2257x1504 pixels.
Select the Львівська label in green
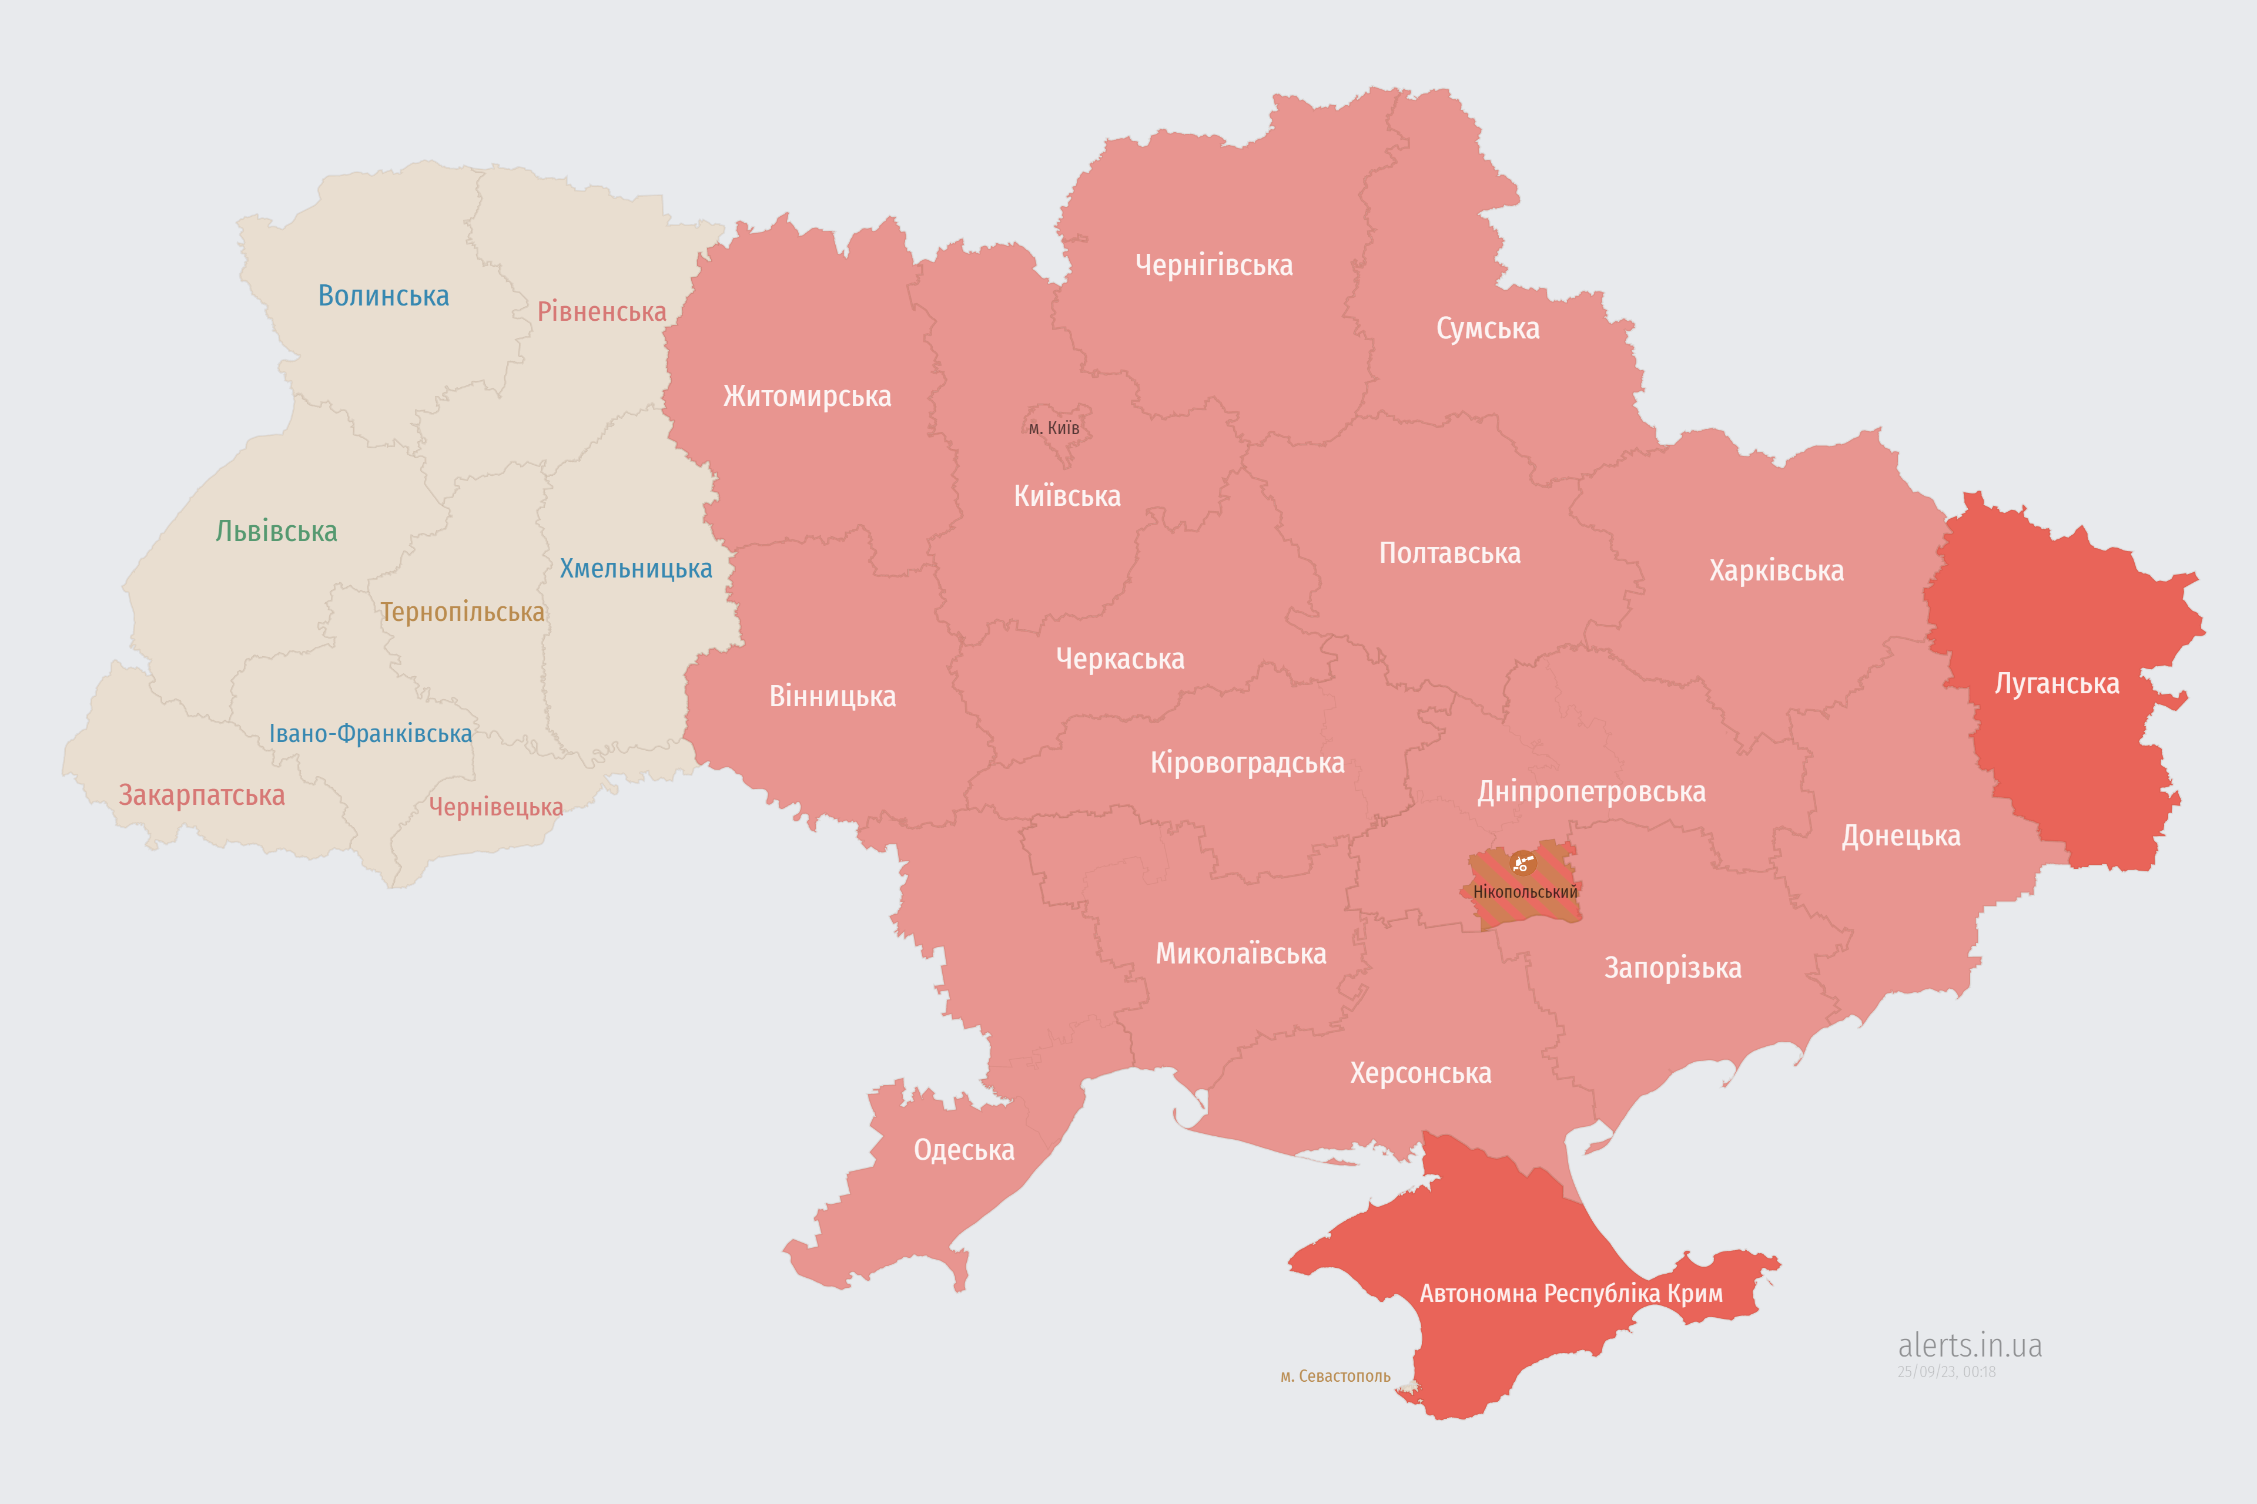(276, 531)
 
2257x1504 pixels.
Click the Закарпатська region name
(202, 795)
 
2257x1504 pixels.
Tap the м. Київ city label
(1054, 428)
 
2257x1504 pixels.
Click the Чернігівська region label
(1213, 265)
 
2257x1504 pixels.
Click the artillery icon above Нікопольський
(1522, 863)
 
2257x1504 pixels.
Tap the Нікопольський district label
(1525, 892)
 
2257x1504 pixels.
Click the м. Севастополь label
(1335, 1377)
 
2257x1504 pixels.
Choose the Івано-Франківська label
(370, 734)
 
